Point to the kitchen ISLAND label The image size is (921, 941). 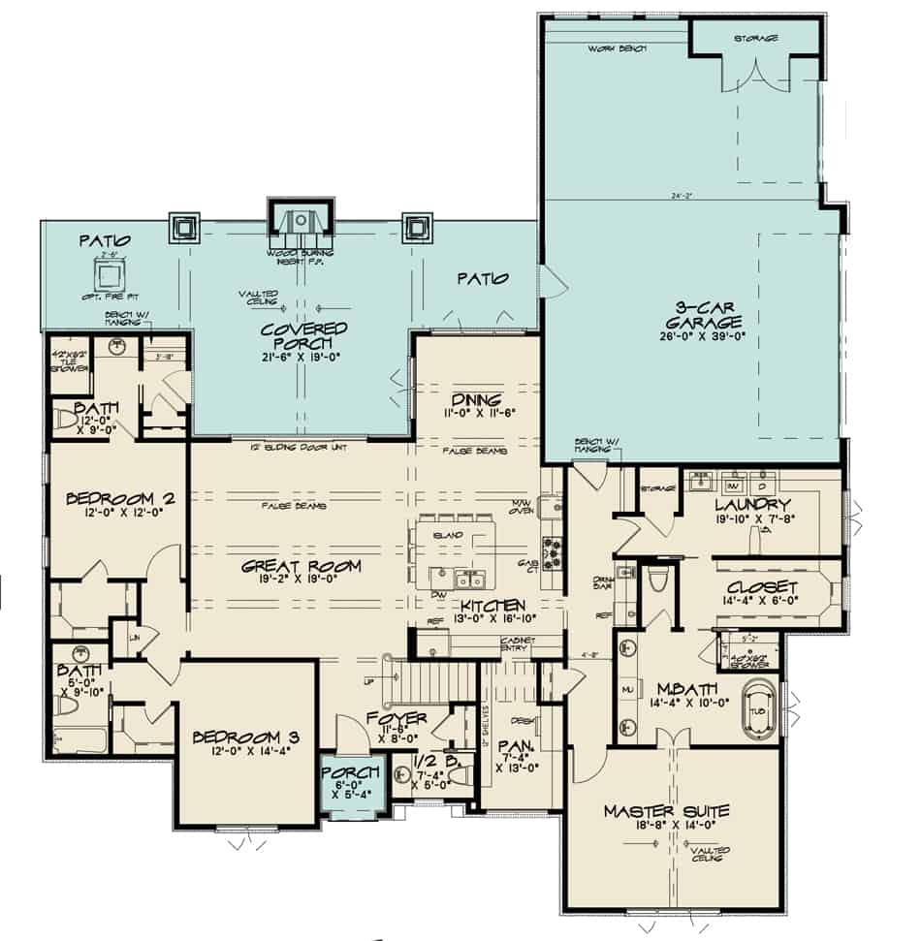point(454,535)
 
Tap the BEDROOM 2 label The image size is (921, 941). point(120,499)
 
